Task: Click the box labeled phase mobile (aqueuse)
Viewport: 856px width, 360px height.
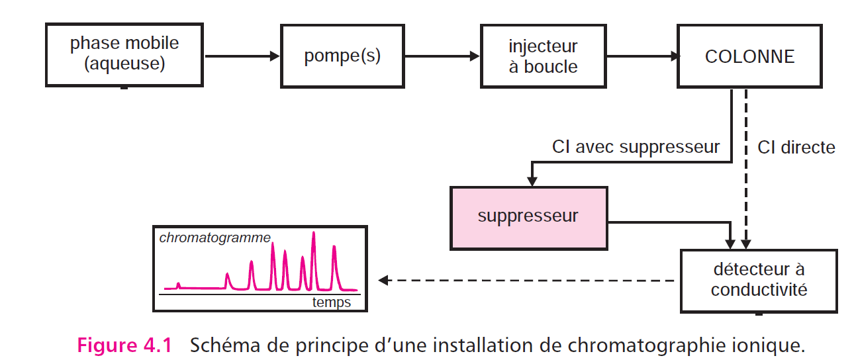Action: point(125,55)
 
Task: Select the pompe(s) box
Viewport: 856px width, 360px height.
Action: point(342,56)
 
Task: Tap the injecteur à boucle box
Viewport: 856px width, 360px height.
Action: point(543,56)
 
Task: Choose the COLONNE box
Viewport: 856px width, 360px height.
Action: point(749,56)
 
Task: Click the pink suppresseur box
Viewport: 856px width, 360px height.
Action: point(528,217)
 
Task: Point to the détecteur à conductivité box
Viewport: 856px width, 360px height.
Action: point(759,280)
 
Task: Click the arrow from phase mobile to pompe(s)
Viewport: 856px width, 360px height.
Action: point(242,56)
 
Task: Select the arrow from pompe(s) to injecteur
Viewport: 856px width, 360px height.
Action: point(442,56)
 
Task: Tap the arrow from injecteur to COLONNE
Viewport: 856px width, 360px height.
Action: point(641,56)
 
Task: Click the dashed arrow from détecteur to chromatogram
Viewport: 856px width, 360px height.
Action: point(530,280)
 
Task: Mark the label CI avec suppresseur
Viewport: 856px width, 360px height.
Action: point(636,146)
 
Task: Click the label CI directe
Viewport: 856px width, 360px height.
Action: point(796,147)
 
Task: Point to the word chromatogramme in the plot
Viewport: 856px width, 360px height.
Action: point(214,238)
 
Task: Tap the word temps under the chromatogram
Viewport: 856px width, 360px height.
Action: point(332,302)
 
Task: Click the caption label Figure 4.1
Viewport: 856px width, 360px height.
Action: point(124,345)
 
